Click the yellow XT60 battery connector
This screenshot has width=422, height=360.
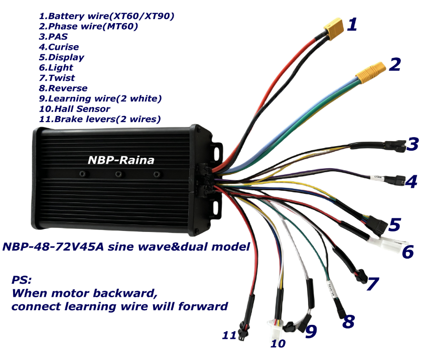tap(334, 28)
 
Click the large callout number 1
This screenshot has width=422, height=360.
tap(352, 25)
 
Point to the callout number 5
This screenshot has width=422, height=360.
tap(394, 224)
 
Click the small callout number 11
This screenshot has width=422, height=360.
tap(229, 335)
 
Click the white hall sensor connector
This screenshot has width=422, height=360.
tap(275, 329)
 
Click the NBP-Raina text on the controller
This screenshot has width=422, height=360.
tap(121, 160)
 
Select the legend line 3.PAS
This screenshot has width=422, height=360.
tap(53, 37)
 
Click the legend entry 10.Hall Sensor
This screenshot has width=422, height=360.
tap(75, 109)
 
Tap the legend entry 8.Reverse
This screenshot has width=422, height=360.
tap(63, 88)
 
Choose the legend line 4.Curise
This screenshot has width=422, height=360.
tap(59, 47)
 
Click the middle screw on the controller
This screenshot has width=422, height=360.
tap(118, 174)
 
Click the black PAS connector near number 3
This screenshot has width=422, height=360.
tap(395, 146)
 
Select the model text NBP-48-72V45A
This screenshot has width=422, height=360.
tap(53, 247)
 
